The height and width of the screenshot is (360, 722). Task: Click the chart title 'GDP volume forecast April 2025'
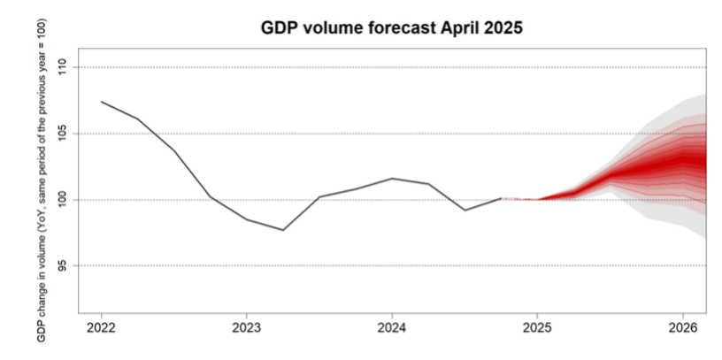tap(392, 27)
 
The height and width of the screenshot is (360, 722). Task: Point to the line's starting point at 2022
tap(102, 102)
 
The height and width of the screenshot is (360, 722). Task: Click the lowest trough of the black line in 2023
tap(283, 230)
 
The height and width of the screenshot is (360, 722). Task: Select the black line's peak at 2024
tap(392, 179)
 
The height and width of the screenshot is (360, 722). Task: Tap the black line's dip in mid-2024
tap(465, 211)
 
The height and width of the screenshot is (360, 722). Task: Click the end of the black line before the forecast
tap(501, 198)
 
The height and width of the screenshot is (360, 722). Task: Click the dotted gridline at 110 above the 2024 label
tap(392, 67)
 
